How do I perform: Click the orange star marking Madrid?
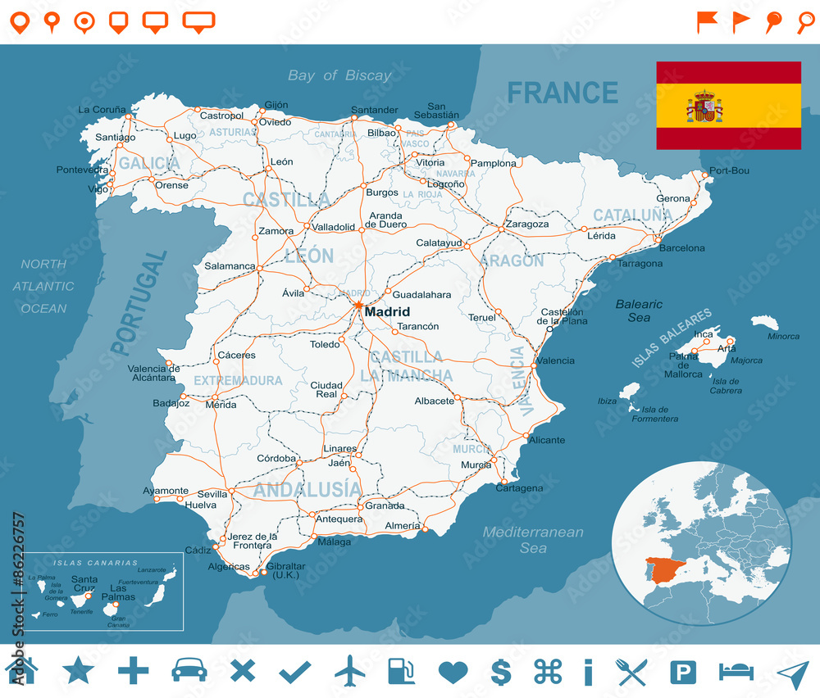(358, 306)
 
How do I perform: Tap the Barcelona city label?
(681, 247)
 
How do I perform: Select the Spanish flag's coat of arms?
(704, 107)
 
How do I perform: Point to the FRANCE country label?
(562, 93)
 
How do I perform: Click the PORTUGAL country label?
(139, 302)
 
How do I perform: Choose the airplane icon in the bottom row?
(350, 671)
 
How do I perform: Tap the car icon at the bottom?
(189, 671)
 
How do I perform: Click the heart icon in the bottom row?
(453, 672)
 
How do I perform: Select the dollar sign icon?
(500, 672)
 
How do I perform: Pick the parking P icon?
(682, 672)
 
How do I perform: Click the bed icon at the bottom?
(736, 672)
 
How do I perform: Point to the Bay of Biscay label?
(339, 75)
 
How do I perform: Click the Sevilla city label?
(212, 494)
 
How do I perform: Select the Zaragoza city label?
(527, 224)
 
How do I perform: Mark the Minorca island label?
(783, 336)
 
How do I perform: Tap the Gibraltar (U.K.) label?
(286, 571)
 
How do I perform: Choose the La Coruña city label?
(102, 109)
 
